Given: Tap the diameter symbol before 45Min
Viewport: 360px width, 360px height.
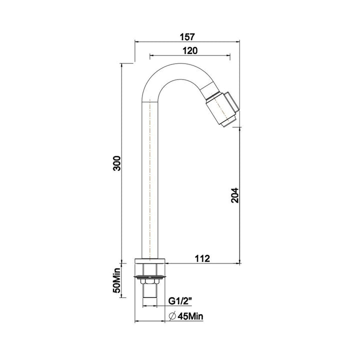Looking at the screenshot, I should [x=171, y=316].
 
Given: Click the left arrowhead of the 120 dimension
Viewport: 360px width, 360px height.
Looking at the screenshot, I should [x=151, y=56].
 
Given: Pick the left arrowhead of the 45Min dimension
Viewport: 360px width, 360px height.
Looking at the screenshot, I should [x=137, y=320].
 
